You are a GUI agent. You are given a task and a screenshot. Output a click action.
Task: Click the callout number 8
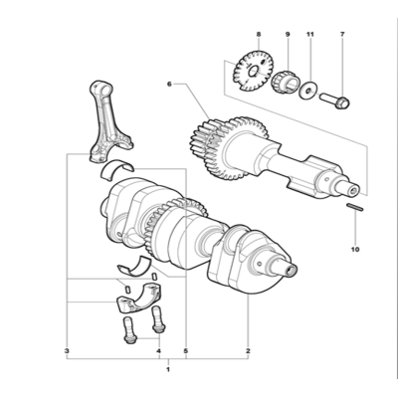(259, 34)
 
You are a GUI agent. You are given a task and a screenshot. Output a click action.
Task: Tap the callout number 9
(288, 34)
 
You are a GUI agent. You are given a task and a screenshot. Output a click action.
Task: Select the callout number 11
(310, 34)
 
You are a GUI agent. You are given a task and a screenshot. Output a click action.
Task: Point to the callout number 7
(342, 34)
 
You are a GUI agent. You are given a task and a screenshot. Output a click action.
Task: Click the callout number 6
(169, 85)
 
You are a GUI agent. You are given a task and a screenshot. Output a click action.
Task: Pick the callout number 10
(355, 250)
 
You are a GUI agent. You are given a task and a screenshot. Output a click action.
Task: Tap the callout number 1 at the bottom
(168, 369)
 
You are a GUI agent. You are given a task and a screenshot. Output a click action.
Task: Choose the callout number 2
(248, 350)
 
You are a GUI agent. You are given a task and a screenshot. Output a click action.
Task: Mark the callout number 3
(67, 350)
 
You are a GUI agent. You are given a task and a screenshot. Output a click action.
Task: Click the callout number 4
(159, 350)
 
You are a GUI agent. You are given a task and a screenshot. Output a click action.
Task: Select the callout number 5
(185, 350)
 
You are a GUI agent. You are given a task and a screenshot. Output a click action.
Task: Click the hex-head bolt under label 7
(334, 100)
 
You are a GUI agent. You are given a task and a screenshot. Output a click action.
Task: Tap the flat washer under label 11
(308, 90)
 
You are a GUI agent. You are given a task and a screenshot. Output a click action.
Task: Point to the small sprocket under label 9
(286, 82)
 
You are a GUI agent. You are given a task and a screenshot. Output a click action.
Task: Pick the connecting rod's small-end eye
(103, 89)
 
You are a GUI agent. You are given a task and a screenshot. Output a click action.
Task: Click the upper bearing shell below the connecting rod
(116, 167)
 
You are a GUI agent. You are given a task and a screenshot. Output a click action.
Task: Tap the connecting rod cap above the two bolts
(139, 298)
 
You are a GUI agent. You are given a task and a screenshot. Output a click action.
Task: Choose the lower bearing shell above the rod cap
(134, 266)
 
